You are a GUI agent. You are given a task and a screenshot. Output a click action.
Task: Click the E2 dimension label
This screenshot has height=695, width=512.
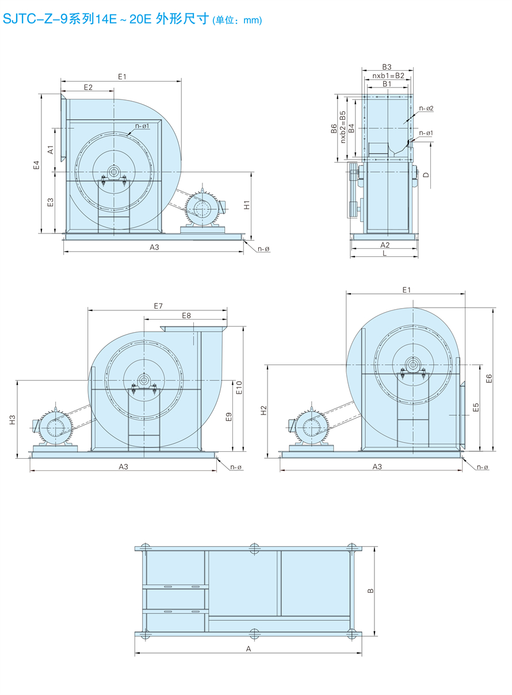(88, 87)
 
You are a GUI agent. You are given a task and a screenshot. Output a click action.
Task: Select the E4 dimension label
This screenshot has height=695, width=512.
(37, 165)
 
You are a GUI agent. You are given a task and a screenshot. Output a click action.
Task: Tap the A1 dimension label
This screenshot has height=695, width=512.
(51, 149)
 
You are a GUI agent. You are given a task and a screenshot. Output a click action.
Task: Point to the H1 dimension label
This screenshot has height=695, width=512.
(247, 205)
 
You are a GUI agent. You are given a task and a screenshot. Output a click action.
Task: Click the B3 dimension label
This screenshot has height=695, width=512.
(387, 67)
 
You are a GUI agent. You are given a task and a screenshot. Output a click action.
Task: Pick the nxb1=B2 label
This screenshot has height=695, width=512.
(388, 75)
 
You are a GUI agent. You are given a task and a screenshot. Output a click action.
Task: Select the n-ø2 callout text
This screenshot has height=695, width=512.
(426, 108)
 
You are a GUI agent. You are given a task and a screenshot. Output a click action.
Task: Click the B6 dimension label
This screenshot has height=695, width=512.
(334, 128)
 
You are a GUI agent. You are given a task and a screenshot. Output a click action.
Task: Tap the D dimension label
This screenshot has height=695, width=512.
(426, 175)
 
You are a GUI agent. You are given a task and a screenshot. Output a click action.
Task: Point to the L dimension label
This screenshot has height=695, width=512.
(384, 253)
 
